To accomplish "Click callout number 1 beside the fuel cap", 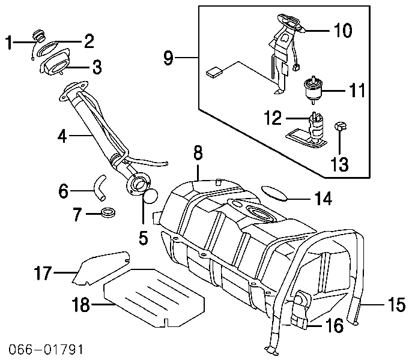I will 9,42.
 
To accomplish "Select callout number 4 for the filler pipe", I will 62,137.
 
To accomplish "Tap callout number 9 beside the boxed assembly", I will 169,58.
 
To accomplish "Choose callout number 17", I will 43,274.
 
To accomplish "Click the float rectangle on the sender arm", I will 214,73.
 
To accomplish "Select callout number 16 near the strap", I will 334,326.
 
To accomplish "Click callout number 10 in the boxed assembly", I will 342,30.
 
